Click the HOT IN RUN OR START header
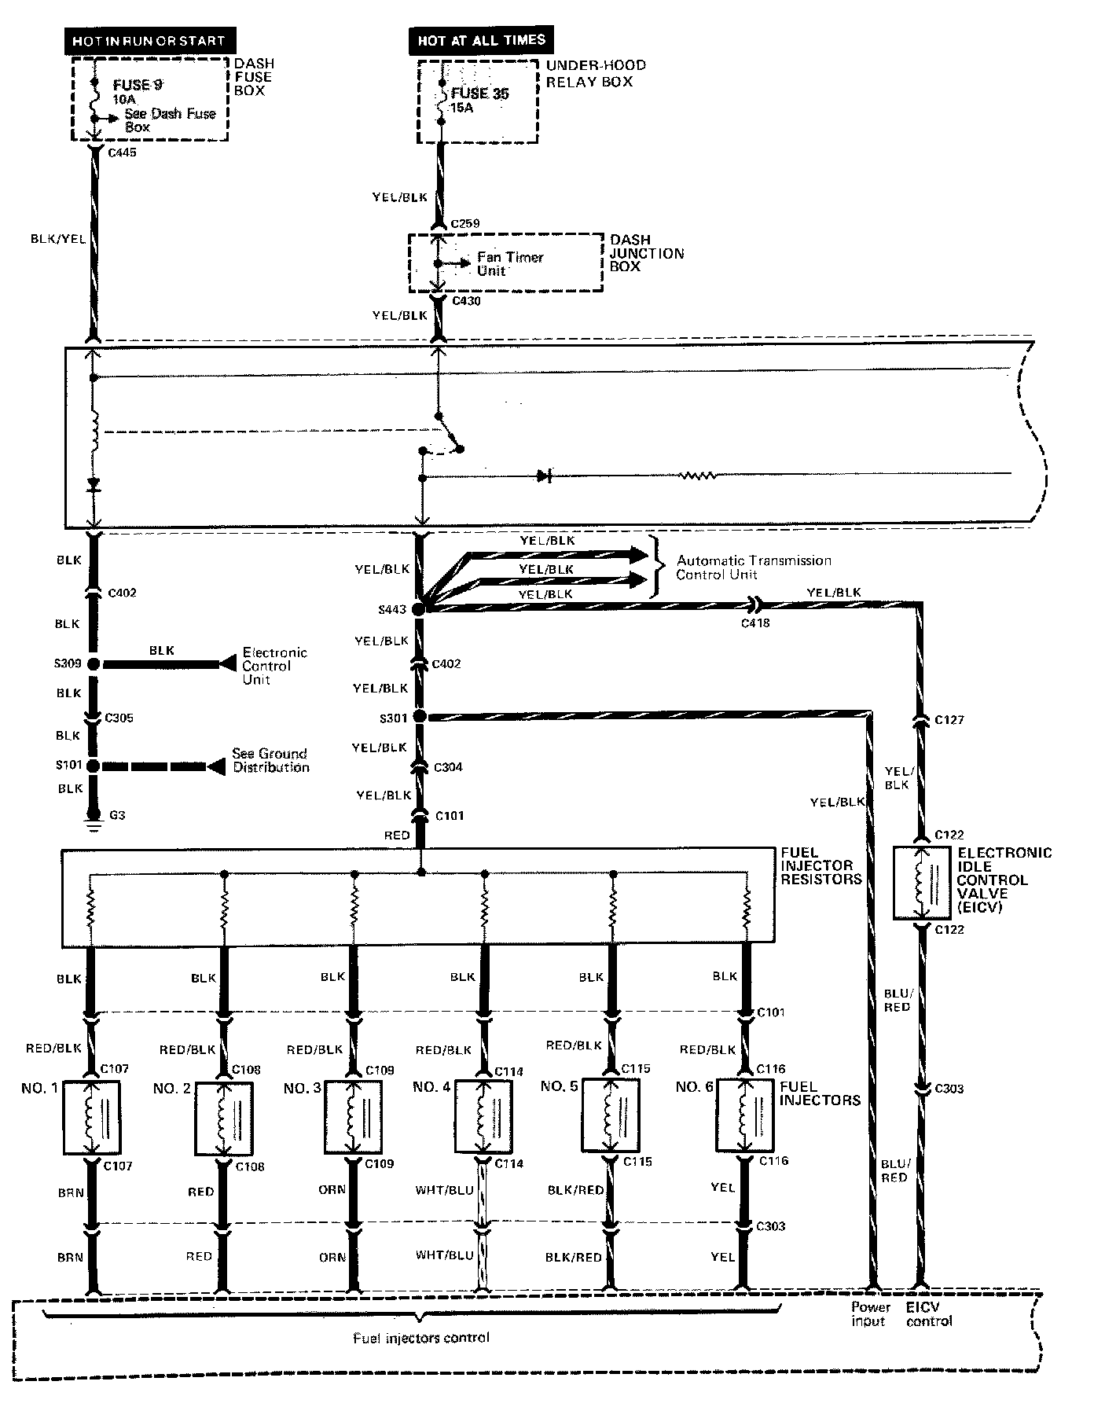[149, 40]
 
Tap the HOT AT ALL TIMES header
[481, 40]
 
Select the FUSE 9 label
[138, 85]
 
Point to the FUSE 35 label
[479, 94]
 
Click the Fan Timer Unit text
[509, 264]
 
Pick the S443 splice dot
[419, 609]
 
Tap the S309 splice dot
[94, 664]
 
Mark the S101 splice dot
[94, 766]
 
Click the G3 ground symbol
[94, 825]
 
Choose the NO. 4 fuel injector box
[484, 1116]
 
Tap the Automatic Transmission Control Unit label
[753, 568]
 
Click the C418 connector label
[756, 623]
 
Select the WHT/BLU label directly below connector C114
[445, 1190]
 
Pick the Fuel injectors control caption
[421, 1337]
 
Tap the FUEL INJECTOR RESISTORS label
[820, 865]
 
